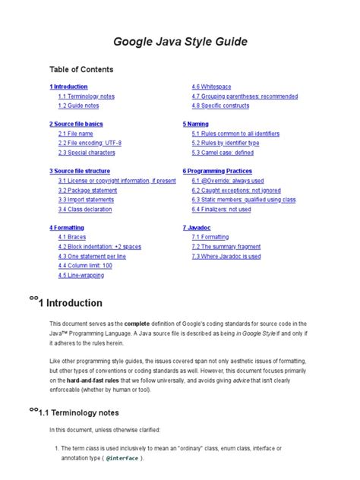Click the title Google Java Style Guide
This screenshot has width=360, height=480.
tap(180, 41)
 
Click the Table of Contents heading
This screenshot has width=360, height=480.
tap(81, 69)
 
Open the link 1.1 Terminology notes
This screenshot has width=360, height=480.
tap(86, 96)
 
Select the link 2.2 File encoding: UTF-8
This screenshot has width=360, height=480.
tap(90, 142)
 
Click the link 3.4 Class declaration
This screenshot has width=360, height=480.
tap(84, 209)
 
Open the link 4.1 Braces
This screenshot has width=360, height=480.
tap(72, 237)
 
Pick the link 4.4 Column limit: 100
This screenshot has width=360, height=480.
tap(85, 265)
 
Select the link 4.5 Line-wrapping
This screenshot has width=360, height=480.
tap(81, 275)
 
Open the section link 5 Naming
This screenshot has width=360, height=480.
tap(196, 123)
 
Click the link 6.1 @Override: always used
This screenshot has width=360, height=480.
tap(228, 181)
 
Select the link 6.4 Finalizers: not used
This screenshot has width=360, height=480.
tap(221, 209)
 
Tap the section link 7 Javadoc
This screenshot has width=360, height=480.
tap(197, 227)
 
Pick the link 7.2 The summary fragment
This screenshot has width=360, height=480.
tap(227, 247)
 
